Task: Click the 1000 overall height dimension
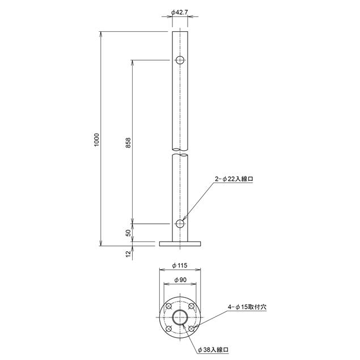pyautogui.click(x=97, y=139)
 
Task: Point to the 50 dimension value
pyautogui.click(x=128, y=232)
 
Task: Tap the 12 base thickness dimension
pyautogui.click(x=128, y=253)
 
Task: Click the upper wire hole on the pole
pyautogui.click(x=180, y=60)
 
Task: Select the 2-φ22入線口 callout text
pyautogui.click(x=234, y=178)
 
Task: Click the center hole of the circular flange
pyautogui.click(x=180, y=317)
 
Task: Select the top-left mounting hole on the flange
pyautogui.click(x=169, y=307)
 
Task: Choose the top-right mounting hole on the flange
pyautogui.click(x=192, y=307)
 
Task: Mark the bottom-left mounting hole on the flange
pyautogui.click(x=169, y=329)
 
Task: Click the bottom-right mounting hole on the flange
pyautogui.click(x=192, y=329)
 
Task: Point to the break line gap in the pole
pyautogui.click(x=180, y=153)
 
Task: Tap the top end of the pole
pyautogui.click(x=180, y=33)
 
